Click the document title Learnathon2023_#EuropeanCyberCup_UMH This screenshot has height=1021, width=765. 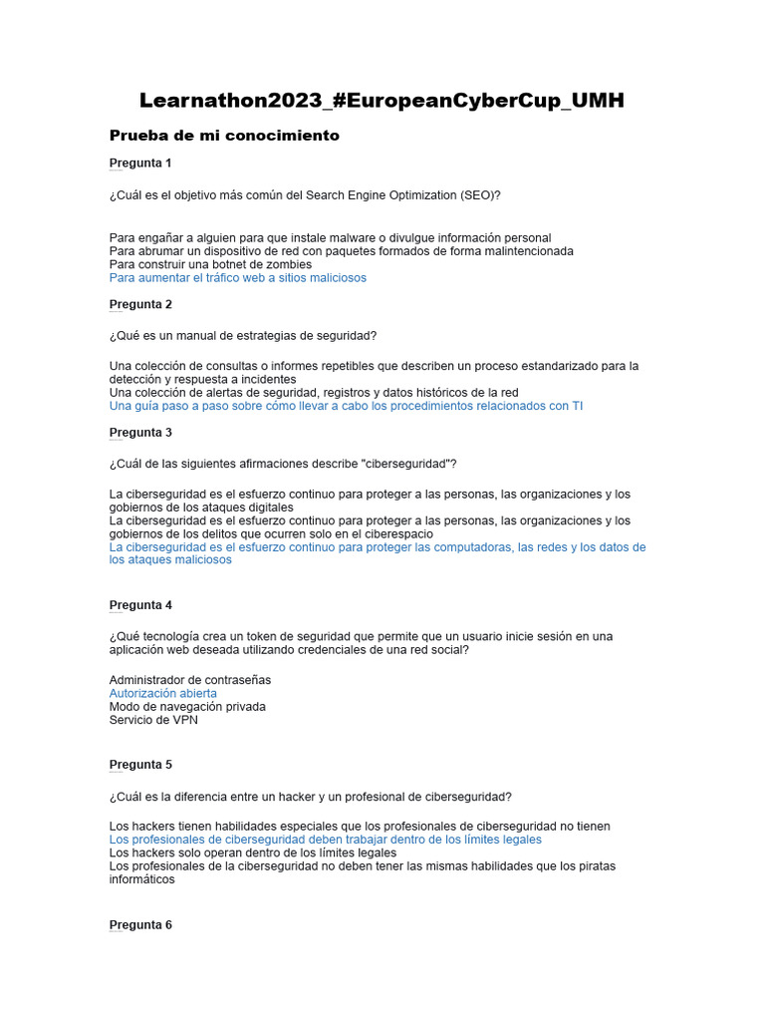(382, 101)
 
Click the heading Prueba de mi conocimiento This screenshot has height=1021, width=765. (224, 136)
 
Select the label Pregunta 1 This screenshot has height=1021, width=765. (140, 163)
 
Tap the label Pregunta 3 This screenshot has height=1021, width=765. (140, 432)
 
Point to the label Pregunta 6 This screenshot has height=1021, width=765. (140, 924)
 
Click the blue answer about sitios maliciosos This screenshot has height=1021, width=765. (237, 278)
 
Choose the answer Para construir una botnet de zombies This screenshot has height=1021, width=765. (210, 265)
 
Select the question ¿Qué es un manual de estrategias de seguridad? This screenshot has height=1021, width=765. (243, 335)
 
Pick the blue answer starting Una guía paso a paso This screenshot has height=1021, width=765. (346, 406)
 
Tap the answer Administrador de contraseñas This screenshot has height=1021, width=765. (189, 680)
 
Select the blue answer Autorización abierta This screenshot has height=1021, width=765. (162, 693)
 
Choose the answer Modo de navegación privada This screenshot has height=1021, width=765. (187, 707)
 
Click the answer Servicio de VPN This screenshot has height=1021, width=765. (153, 720)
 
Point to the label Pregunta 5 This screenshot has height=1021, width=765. (140, 764)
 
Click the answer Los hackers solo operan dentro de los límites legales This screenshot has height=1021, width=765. (252, 853)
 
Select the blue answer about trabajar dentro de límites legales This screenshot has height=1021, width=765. (325, 840)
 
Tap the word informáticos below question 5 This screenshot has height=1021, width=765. (141, 879)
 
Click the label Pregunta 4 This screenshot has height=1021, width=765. (140, 604)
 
